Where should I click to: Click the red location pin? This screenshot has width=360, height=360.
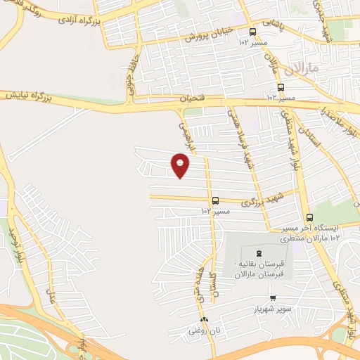click(180, 166)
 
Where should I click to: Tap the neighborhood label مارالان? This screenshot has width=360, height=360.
click(304, 69)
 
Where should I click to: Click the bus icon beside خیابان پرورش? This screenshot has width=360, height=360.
click(253, 32)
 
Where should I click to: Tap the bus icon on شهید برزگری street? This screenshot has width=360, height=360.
click(214, 200)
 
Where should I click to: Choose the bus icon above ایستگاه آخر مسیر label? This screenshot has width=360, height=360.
click(309, 217)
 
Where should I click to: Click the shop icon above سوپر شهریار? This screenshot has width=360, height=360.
click(273, 298)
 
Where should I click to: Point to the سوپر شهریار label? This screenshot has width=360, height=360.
click(271, 309)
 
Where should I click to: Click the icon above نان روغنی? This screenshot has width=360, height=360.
click(205, 319)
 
